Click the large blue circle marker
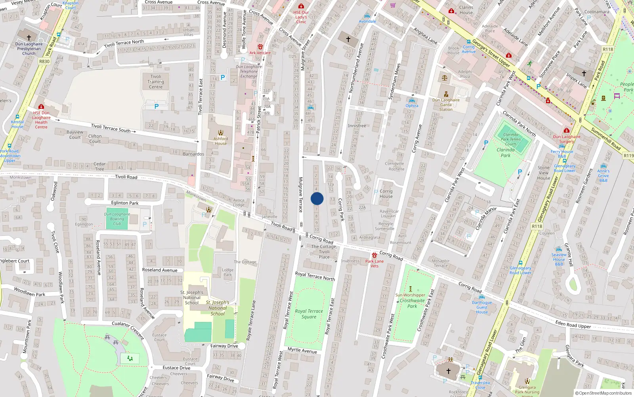click(x=317, y=198)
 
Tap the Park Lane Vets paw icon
click(x=374, y=255)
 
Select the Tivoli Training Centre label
click(x=156, y=82)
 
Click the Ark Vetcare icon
click(x=260, y=47)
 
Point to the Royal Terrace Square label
click(x=309, y=314)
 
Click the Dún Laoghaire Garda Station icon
click(x=446, y=94)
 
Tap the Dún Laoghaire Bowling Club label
click(x=117, y=219)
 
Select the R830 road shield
click(x=44, y=62)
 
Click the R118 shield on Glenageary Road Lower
click(x=537, y=226)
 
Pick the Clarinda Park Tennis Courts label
click(x=511, y=139)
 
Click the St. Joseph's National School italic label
click(x=218, y=308)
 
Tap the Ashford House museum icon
click(x=221, y=133)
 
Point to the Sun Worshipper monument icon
click(x=411, y=289)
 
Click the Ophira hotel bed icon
click(x=412, y=101)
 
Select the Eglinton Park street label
click(x=125, y=203)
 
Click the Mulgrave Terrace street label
click(x=300, y=195)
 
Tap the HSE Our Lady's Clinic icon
click(x=301, y=6)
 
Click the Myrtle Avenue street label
click(x=302, y=350)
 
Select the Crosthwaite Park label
click(x=412, y=303)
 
